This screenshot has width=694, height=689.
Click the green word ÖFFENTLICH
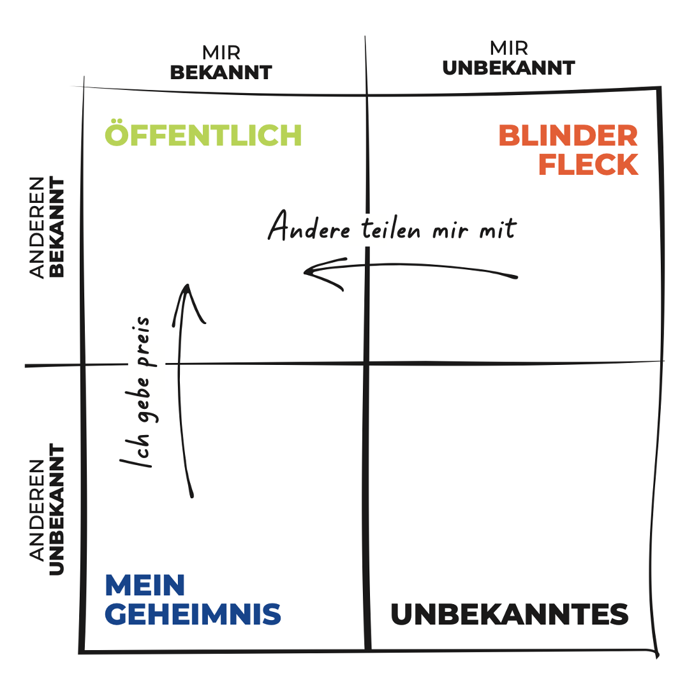click(x=203, y=135)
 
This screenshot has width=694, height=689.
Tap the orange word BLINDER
click(x=568, y=135)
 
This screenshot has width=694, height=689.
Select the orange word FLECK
click(x=588, y=165)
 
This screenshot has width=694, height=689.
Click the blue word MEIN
click(x=145, y=585)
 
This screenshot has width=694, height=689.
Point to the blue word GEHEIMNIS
click(x=193, y=614)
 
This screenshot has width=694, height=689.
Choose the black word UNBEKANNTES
click(x=509, y=614)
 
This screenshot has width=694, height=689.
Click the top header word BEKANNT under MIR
click(x=221, y=72)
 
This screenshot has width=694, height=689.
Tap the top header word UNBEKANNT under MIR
click(x=508, y=68)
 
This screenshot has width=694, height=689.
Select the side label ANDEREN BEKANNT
click(x=48, y=227)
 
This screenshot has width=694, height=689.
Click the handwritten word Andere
click(x=309, y=227)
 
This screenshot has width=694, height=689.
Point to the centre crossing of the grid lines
click(x=367, y=364)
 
